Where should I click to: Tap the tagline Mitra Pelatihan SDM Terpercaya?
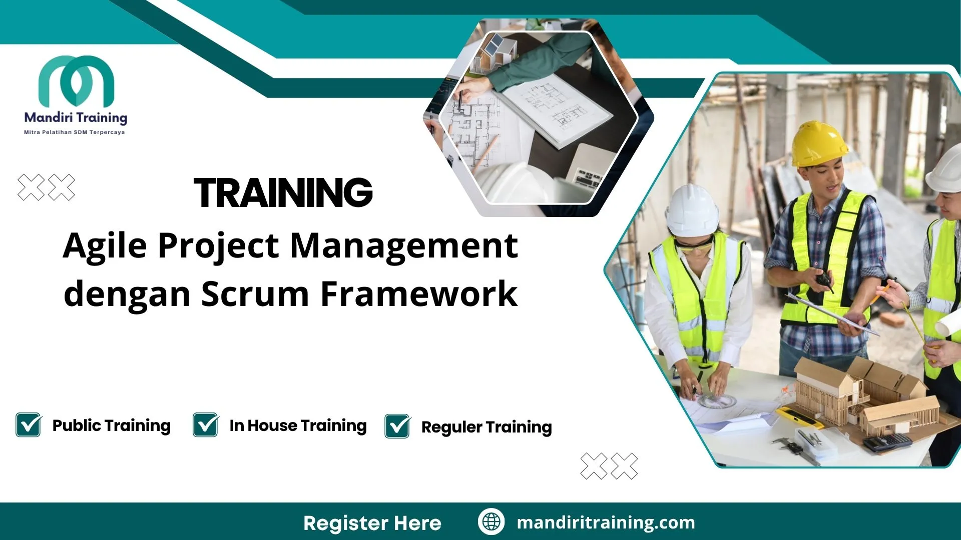tap(75, 132)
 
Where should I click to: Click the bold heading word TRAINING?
tap(283, 192)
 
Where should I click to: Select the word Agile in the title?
tap(105, 246)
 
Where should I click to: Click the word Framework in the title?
tap(419, 293)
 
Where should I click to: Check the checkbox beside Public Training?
tap(29, 425)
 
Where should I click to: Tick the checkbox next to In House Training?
tap(206, 425)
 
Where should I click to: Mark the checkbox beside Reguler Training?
tap(397, 426)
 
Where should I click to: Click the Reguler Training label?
tap(487, 427)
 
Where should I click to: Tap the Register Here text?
tap(372, 523)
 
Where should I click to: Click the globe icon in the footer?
tap(491, 522)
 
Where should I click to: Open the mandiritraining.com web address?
tap(606, 522)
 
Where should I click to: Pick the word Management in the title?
tap(404, 246)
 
